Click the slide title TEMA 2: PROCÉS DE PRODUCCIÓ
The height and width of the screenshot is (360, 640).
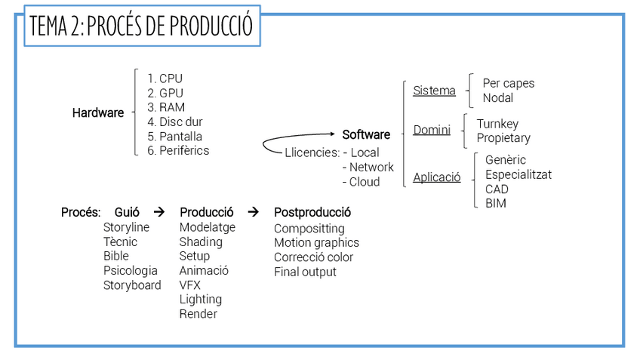click(141, 26)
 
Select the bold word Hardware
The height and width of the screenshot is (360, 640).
click(98, 113)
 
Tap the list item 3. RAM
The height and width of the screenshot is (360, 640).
click(166, 107)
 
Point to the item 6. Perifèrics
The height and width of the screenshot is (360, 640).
click(178, 150)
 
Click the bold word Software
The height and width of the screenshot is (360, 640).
click(366, 135)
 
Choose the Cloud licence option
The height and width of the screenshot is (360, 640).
click(365, 182)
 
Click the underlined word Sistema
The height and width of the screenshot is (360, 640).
click(434, 91)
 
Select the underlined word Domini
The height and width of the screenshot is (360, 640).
click(432, 131)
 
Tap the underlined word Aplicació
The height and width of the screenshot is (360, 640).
click(436, 178)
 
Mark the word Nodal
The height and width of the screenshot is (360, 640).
click(498, 98)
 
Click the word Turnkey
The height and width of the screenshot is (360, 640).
click(497, 124)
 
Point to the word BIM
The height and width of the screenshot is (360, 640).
click(496, 203)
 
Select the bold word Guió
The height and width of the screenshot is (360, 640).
click(127, 213)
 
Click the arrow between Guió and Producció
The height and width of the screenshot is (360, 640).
click(158, 213)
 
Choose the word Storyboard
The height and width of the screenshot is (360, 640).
click(132, 285)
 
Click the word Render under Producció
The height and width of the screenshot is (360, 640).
click(198, 314)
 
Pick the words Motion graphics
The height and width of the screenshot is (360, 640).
click(316, 243)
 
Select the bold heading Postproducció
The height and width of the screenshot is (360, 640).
click(312, 213)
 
